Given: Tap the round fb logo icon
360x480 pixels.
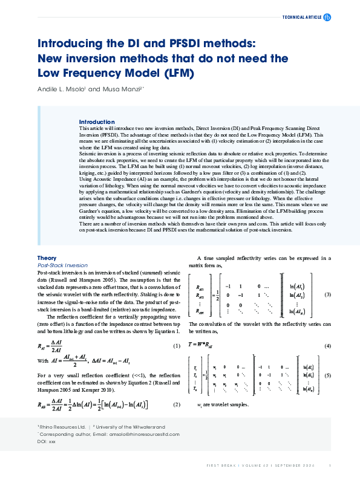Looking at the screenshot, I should pos(328,18).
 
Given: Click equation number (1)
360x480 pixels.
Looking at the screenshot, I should pos(177,346).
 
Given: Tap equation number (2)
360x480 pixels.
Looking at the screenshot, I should pos(177,404).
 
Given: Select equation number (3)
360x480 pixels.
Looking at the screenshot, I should pos(328,294).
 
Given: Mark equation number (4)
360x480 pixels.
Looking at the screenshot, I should pos(328,346).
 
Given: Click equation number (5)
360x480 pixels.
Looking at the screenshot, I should pos(328,375).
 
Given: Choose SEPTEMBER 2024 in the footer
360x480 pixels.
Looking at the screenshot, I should pos(298,465).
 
